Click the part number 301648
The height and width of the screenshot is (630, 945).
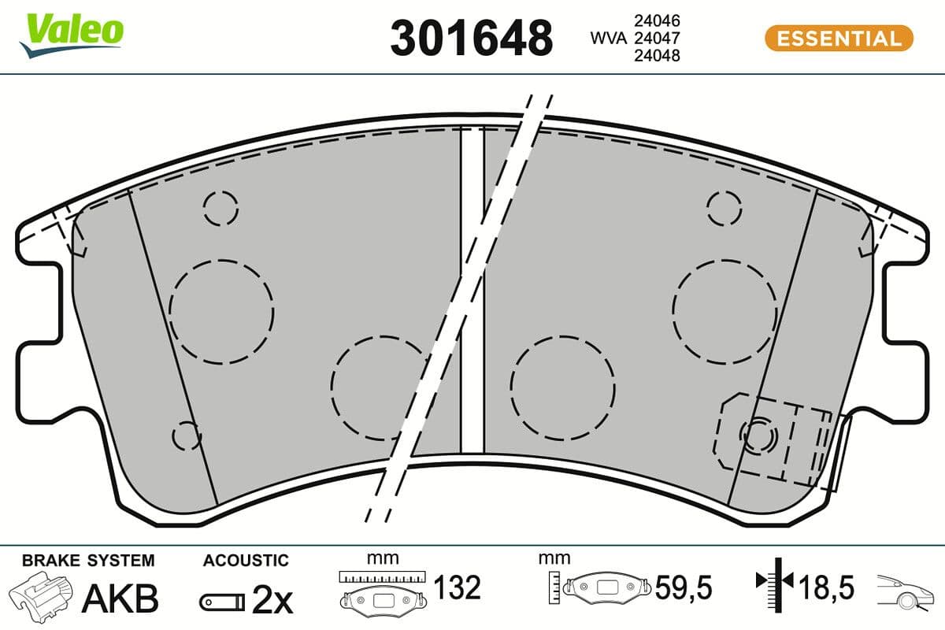pos(471,37)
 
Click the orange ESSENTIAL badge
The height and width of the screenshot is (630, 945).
pos(839,38)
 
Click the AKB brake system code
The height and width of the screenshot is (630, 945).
pos(121,598)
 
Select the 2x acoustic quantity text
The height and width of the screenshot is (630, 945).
pos(272,602)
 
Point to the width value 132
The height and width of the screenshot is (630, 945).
pos(457,587)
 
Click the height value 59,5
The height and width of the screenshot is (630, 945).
pos(683,587)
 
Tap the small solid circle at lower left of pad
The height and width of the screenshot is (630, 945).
pos(186,434)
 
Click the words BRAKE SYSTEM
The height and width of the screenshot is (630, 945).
pos(88,561)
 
